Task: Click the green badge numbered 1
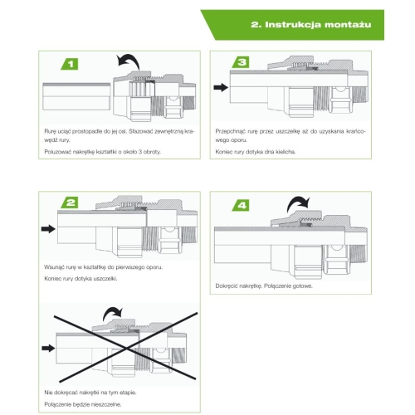[x=70, y=64]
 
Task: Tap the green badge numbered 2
[x=70, y=203]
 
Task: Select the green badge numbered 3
[x=241, y=62]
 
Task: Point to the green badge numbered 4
[x=241, y=205]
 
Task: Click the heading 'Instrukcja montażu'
[x=310, y=25]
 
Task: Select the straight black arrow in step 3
[x=221, y=88]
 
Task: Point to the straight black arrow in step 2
[x=48, y=229]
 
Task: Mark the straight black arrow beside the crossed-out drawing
[x=48, y=348]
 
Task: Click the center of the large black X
[x=126, y=348]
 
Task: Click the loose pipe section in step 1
[x=76, y=96]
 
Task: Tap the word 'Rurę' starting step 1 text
[x=50, y=131]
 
